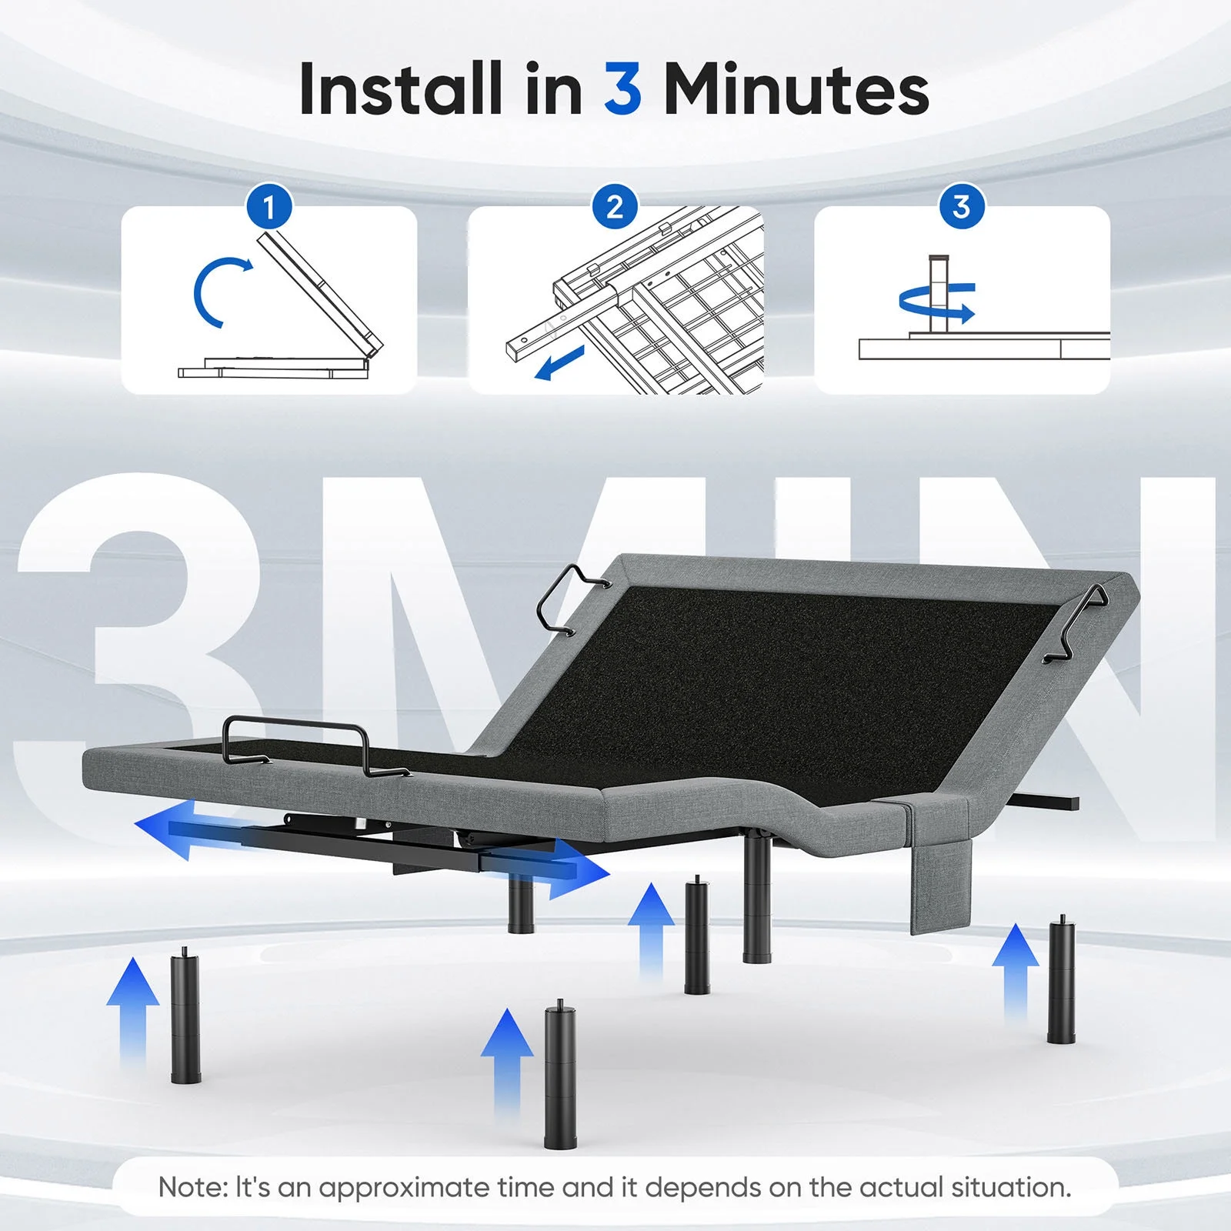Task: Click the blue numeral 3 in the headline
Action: click(x=622, y=88)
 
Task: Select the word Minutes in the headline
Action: click(x=796, y=88)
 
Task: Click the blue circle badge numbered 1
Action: click(x=269, y=207)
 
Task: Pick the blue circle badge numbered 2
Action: click(x=615, y=207)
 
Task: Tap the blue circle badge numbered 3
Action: click(x=962, y=207)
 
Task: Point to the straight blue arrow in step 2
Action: click(x=559, y=362)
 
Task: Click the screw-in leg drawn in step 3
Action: click(x=939, y=294)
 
